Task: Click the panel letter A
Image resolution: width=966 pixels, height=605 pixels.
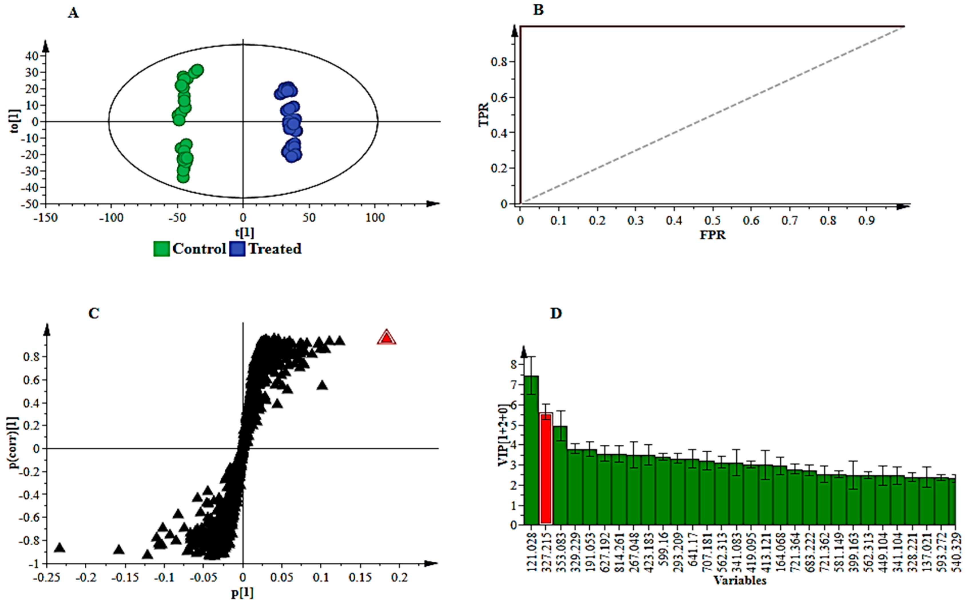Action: pyautogui.click(x=73, y=13)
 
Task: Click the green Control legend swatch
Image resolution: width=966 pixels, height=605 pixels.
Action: pyautogui.click(x=162, y=249)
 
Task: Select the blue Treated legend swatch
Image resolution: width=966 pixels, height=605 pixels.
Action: pyautogui.click(x=237, y=249)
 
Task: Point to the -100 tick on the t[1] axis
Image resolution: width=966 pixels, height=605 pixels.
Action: pyautogui.click(x=111, y=218)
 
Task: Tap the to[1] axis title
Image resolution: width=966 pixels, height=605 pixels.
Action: pyautogui.click(x=15, y=121)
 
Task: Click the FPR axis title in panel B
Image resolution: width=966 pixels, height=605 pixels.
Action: pyautogui.click(x=713, y=235)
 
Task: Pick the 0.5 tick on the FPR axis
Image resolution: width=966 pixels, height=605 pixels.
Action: pyautogui.click(x=712, y=220)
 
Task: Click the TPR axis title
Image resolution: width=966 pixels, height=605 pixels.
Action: pyautogui.click(x=484, y=115)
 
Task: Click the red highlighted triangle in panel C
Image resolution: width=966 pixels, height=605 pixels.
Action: pyautogui.click(x=386, y=338)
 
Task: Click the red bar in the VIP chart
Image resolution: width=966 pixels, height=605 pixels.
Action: pyautogui.click(x=546, y=468)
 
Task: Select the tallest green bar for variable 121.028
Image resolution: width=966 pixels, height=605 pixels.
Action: pyautogui.click(x=531, y=450)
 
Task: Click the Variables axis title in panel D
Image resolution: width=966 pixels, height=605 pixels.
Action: pyautogui.click(x=740, y=580)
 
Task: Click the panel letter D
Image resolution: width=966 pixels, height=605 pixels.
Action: pyautogui.click(x=556, y=313)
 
